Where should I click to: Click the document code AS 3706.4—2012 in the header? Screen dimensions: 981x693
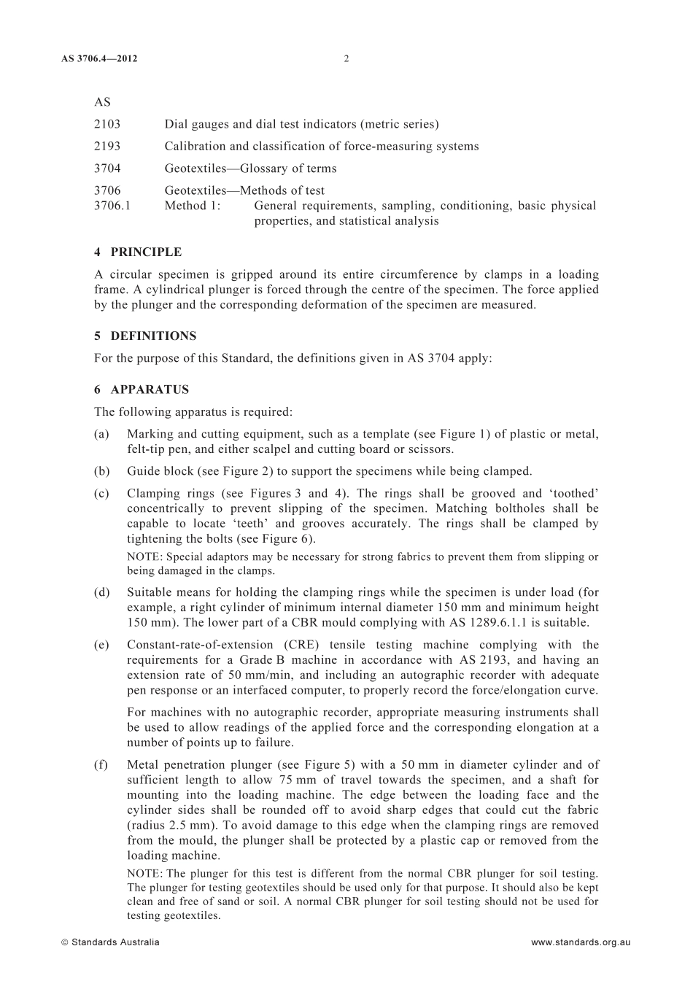pyautogui.click(x=99, y=58)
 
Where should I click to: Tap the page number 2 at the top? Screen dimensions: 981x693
pyautogui.click(x=346, y=58)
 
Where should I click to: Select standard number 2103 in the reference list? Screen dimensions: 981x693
pyautogui.click(x=107, y=124)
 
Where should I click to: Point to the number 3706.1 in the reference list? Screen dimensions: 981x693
pyautogui.click(x=112, y=206)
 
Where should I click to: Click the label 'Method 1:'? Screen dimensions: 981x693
pyautogui.click(x=193, y=206)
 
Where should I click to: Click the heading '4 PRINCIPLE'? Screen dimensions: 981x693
pyautogui.click(x=138, y=252)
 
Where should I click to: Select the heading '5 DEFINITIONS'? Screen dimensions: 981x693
pyautogui.click(x=145, y=336)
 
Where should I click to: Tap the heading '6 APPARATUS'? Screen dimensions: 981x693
pyautogui.click(x=142, y=389)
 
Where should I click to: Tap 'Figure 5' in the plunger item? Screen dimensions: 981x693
pyautogui.click(x=322, y=764)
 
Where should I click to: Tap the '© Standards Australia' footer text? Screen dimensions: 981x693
pyautogui.click(x=110, y=942)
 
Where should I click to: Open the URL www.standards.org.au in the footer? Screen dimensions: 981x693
pyautogui.click(x=581, y=942)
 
